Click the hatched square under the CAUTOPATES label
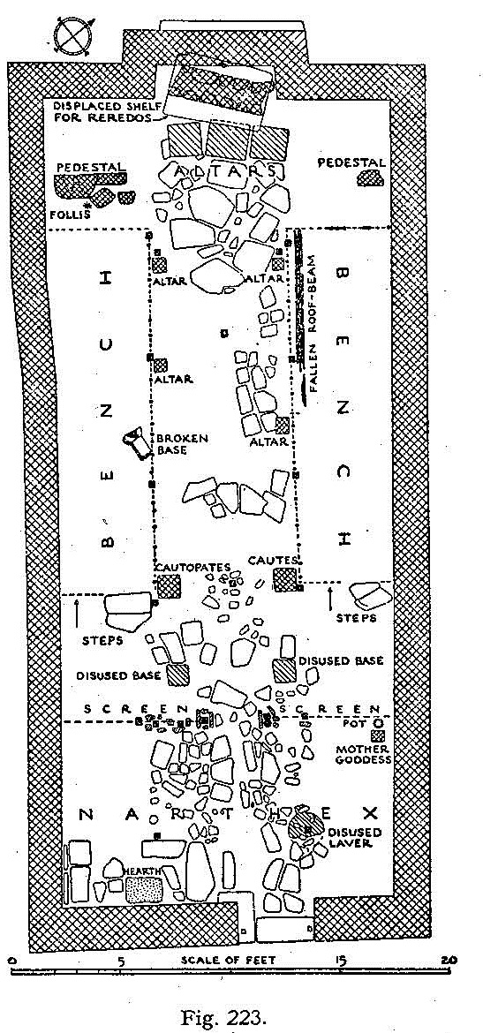pos(168,585)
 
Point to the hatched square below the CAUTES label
pos(284,580)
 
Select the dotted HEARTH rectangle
pos(144,889)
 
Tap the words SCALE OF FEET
pos(228,960)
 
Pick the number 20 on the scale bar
pos(449,960)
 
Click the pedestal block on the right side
pos(370,177)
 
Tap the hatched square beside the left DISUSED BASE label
pos(177,675)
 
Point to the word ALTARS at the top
pos(226,171)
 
